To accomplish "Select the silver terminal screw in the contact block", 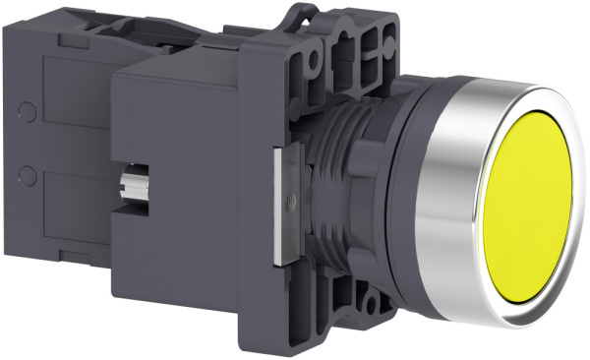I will (x=133, y=181).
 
